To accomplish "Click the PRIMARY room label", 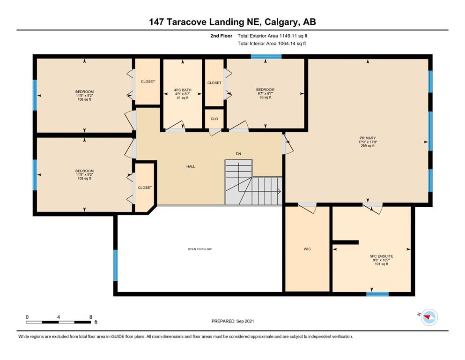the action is click(368, 138).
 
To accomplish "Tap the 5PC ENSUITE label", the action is click(381, 256).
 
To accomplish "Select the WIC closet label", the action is click(307, 249).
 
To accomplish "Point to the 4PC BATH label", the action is click(183, 90).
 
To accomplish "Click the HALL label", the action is click(191, 166).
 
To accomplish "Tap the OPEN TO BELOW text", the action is click(200, 249).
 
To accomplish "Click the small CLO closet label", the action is click(214, 119).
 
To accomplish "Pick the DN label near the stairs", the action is click(238, 154).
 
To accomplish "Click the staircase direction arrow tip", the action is click(280, 191).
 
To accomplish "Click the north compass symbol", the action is click(429, 317).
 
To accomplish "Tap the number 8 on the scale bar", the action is click(91, 317).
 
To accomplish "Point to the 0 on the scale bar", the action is click(27, 317).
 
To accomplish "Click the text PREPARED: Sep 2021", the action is click(233, 321).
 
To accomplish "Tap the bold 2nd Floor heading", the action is click(221, 36).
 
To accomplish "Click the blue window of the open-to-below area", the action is click(116, 265).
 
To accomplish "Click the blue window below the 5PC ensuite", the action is click(377, 294).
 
